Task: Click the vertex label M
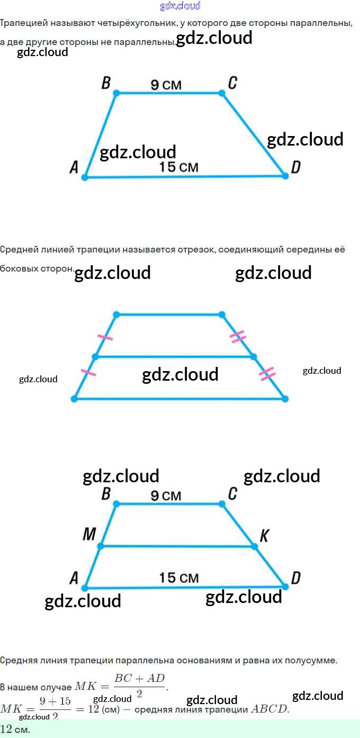click(89, 535)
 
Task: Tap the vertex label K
click(264, 536)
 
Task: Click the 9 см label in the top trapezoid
click(166, 85)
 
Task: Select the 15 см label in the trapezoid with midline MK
click(178, 578)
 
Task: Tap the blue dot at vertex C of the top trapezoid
click(222, 93)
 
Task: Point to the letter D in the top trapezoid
click(296, 167)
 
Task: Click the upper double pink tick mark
click(238, 336)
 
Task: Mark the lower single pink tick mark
click(88, 373)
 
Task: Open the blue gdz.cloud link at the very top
click(180, 6)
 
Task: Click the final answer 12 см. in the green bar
click(15, 729)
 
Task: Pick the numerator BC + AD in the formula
click(140, 678)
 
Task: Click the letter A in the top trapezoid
click(74, 168)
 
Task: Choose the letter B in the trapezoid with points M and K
click(106, 494)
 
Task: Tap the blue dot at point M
click(101, 546)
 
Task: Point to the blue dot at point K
click(253, 546)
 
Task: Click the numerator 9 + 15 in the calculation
click(55, 701)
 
